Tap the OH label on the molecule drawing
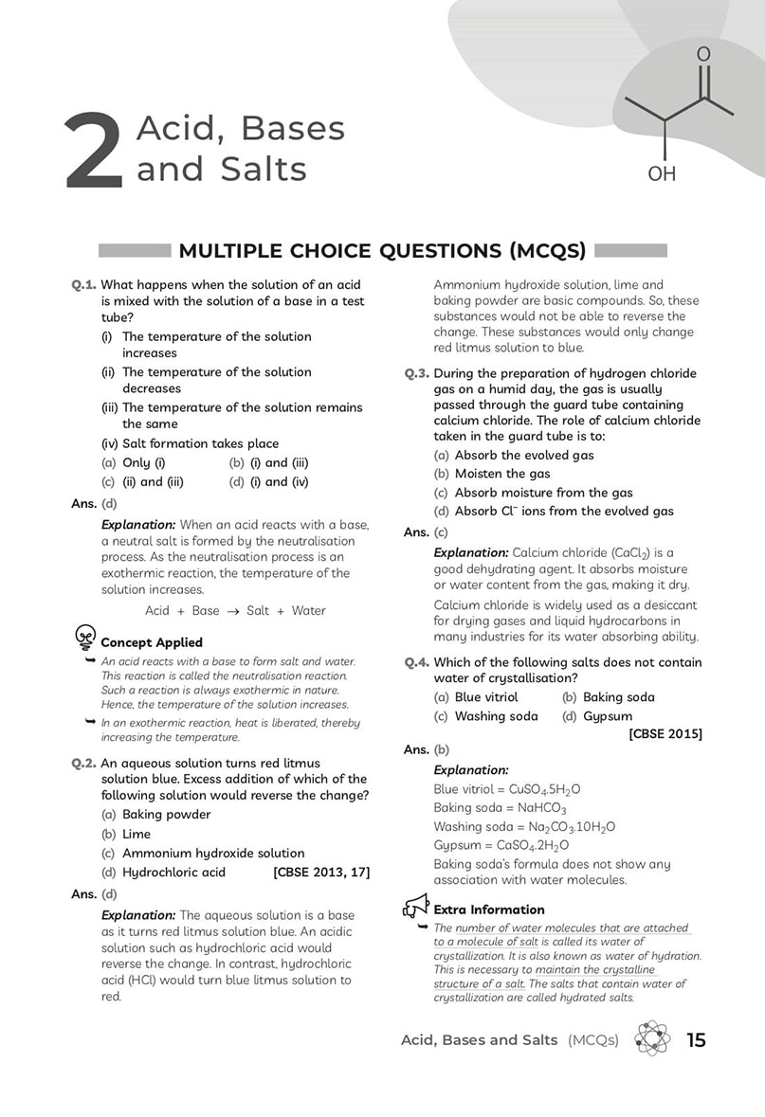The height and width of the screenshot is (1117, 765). tap(662, 174)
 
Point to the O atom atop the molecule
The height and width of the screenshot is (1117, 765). tap(702, 54)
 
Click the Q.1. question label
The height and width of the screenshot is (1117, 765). tap(83, 285)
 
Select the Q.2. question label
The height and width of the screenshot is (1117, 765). tap(83, 764)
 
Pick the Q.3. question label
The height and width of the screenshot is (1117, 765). tap(417, 374)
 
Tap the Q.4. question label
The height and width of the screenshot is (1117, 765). tap(417, 663)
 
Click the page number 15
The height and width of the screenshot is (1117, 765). tap(696, 1040)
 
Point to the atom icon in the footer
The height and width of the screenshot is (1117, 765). tap(652, 1039)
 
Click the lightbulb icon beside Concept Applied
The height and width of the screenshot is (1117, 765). tap(84, 638)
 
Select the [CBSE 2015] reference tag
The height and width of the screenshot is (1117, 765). tap(665, 734)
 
